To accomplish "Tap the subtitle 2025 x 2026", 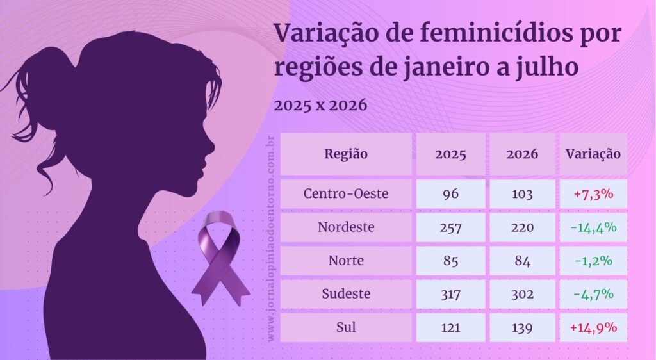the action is [320, 105].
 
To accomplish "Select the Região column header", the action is [346, 154].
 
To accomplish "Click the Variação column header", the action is [593, 154].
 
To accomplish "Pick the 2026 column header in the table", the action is [522, 154].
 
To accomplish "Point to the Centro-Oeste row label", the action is [346, 193].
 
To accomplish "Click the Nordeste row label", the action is [346, 227].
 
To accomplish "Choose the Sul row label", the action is [346, 327].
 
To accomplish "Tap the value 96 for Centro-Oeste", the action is [450, 194].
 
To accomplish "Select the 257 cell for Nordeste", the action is [450, 227].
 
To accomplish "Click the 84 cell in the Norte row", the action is [522, 261].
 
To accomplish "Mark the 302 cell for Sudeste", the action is [522, 295].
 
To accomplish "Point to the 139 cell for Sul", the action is [522, 327].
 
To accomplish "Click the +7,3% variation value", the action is [593, 194].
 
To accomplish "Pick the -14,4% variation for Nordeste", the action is [593, 227].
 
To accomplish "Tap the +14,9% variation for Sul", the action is [593, 327].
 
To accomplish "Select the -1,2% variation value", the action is [593, 261].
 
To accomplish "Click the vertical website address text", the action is [271, 238].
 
